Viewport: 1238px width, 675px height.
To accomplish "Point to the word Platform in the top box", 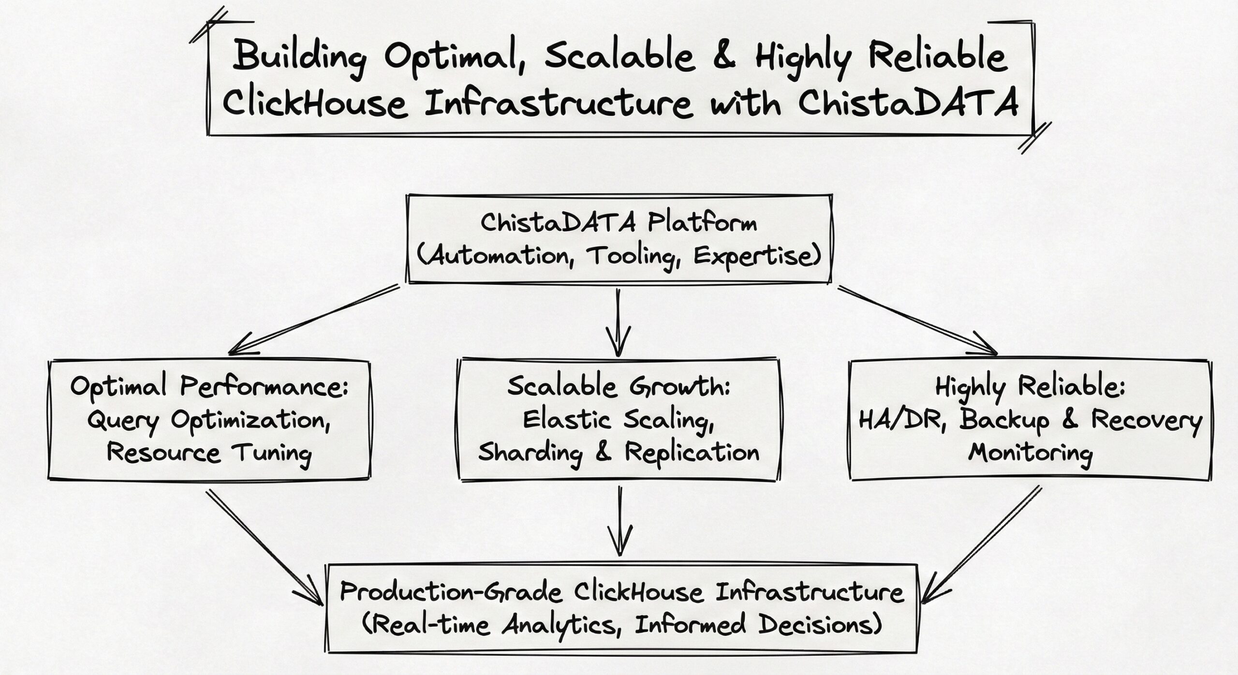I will [x=702, y=223].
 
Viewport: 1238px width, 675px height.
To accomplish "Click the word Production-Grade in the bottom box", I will [x=451, y=592].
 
